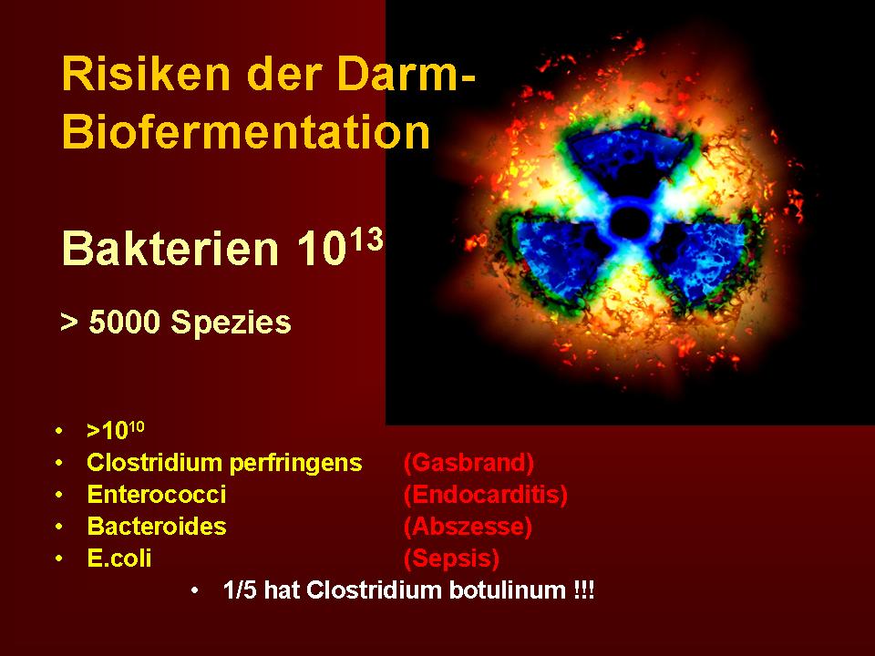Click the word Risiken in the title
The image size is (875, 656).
point(146,74)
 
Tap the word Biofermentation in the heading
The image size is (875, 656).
point(246,132)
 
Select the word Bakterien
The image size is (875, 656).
point(170,248)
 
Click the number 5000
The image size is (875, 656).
point(125,323)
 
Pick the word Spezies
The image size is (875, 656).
point(231,323)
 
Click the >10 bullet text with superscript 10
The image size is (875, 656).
point(116,430)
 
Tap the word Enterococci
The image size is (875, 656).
point(157,494)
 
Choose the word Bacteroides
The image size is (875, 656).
point(157,526)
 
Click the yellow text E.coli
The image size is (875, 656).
point(119,558)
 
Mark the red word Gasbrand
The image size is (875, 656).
point(468,463)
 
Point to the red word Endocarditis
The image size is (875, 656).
point(486,495)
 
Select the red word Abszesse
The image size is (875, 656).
point(468,527)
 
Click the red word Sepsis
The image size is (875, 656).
point(451,559)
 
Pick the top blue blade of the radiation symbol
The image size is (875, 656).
point(628,159)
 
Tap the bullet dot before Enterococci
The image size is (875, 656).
point(59,495)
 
